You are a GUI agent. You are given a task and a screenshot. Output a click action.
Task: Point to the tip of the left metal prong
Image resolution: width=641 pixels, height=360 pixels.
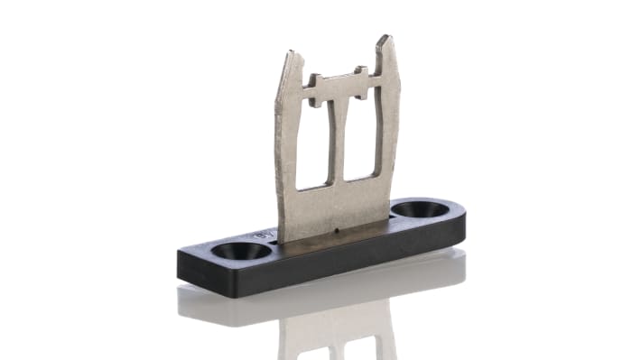[290, 57]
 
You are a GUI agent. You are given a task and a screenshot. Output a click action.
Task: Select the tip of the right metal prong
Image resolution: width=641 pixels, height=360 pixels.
[385, 41]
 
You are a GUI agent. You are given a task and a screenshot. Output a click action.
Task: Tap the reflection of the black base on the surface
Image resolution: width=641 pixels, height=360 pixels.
[271, 302]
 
